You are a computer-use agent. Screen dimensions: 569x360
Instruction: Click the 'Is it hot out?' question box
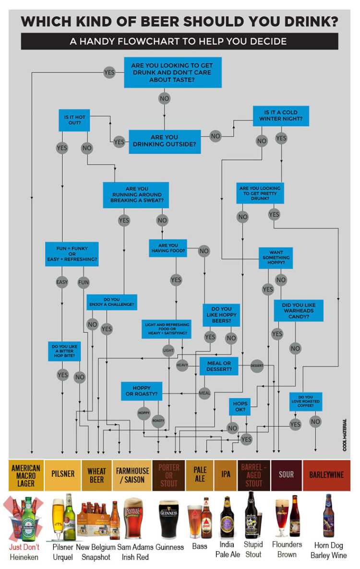(74, 120)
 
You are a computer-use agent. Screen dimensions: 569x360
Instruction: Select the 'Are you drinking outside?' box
(164, 141)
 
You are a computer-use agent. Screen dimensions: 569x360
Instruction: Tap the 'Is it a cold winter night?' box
(281, 116)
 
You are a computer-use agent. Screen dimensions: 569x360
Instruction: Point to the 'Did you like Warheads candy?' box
(299, 311)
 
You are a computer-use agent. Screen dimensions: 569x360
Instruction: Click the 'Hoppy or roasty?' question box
(142, 391)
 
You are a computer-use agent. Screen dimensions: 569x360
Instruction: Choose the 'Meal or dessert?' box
(219, 366)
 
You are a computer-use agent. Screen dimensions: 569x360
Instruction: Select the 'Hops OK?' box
(240, 407)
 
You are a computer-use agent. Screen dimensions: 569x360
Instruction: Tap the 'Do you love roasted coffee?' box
(306, 401)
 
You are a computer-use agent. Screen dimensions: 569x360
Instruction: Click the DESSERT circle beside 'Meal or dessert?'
(257, 366)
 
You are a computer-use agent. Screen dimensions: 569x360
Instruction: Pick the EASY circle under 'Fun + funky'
(62, 282)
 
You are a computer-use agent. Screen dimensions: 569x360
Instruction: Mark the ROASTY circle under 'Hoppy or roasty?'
(158, 421)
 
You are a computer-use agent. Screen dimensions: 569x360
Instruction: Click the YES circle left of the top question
(109, 73)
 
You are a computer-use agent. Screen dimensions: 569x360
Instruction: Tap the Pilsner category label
(63, 474)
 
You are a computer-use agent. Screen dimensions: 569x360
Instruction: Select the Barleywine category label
(326, 475)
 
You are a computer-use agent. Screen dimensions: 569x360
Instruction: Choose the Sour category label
(286, 475)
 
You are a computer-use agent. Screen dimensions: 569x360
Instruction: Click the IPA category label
(226, 474)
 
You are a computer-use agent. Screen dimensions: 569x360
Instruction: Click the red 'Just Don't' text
(24, 546)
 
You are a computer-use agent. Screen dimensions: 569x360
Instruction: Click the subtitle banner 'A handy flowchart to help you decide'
(180, 41)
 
